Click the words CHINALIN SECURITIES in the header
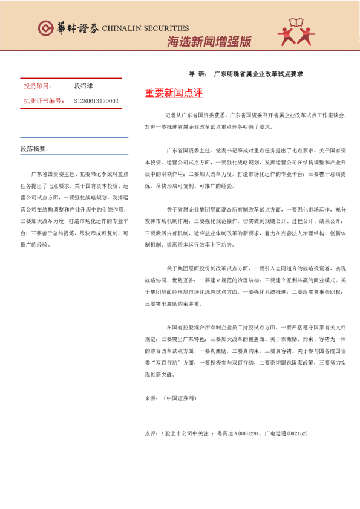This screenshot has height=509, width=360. (145, 28)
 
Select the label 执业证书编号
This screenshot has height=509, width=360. (43, 101)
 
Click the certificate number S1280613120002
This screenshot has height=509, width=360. (96, 101)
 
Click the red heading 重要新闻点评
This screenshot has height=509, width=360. (174, 94)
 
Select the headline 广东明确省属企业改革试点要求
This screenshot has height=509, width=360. (258, 73)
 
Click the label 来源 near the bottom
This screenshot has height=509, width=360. (151, 399)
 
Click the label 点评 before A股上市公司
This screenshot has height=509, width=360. (151, 433)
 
